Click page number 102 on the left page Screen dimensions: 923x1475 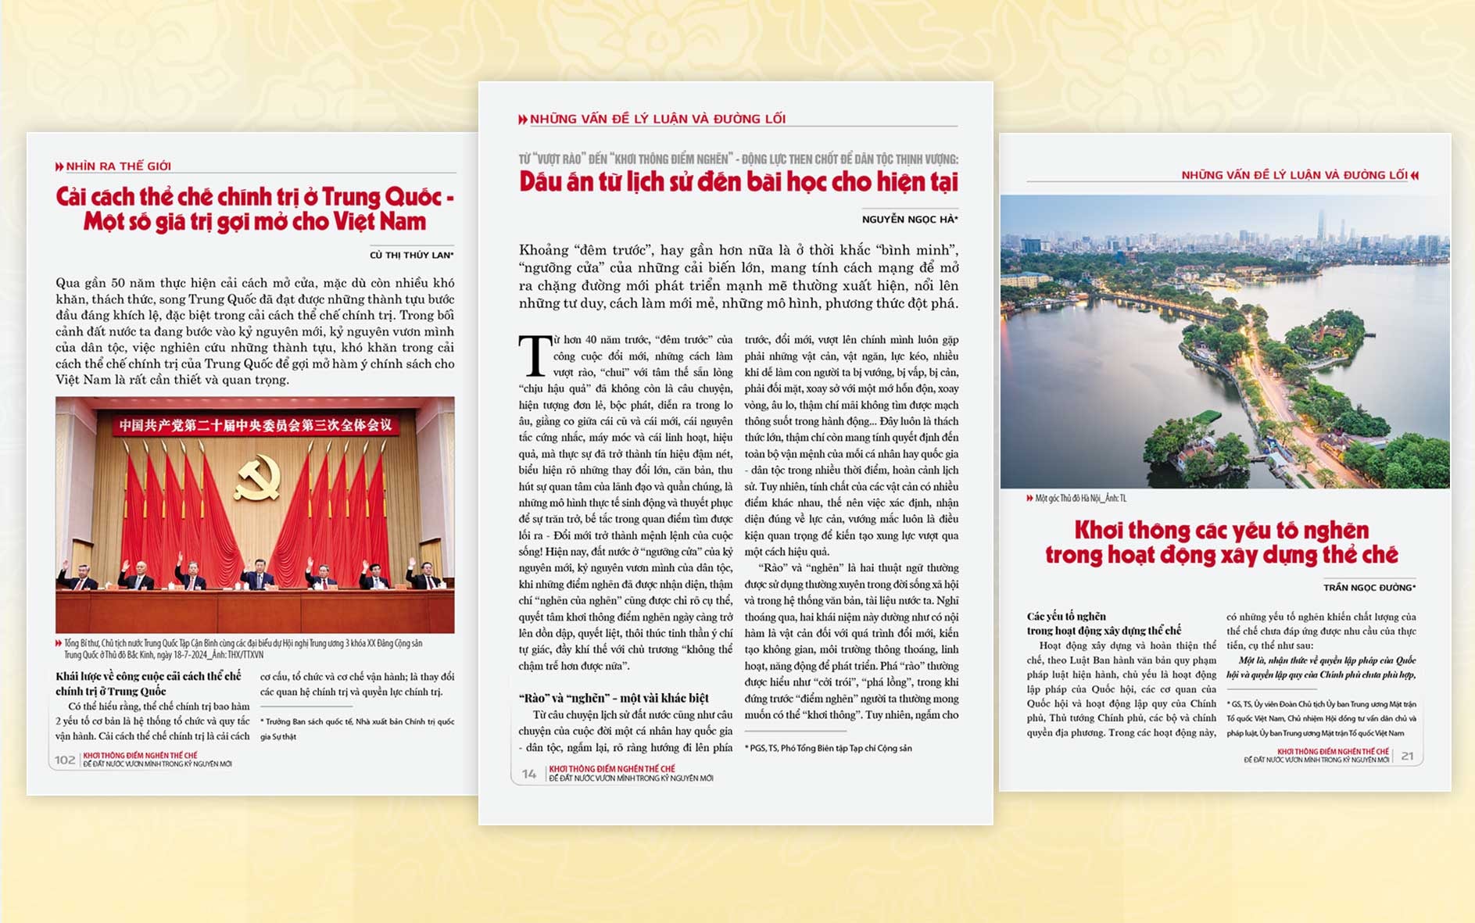coord(65,760)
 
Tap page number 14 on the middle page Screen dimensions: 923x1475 coord(529,774)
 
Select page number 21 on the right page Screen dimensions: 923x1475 coord(1408,756)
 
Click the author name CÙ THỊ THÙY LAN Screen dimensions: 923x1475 coord(411,255)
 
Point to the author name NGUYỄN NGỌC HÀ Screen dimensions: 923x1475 coord(909,220)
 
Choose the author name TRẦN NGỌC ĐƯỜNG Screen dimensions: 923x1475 coord(1369,587)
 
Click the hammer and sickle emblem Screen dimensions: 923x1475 coord(256,478)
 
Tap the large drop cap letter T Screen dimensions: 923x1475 coord(535,356)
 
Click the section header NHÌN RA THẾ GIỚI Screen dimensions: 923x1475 coord(118,166)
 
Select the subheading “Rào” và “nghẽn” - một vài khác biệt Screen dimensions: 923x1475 coord(614,698)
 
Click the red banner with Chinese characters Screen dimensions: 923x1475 coord(255,425)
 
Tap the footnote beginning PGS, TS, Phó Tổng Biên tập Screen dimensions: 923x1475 coord(829,748)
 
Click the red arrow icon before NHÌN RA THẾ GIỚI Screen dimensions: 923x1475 coord(59,166)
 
